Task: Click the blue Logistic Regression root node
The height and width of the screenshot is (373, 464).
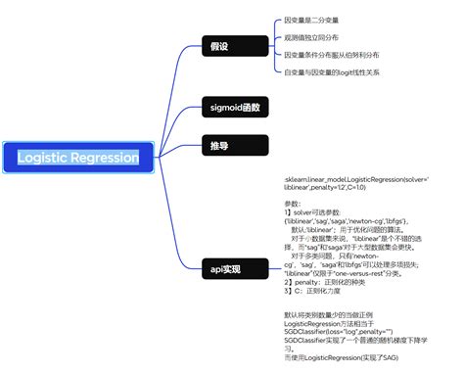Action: pyautogui.click(x=78, y=157)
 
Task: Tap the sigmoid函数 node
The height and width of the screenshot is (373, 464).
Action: pyautogui.click(x=235, y=107)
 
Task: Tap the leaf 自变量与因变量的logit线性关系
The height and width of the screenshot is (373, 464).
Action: pyautogui.click(x=333, y=72)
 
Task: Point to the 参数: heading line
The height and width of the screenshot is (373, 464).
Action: pyautogui.click(x=294, y=202)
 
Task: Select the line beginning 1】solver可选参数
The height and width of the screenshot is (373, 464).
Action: pyautogui.click(x=319, y=212)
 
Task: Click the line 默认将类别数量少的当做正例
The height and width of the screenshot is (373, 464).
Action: pyautogui.click(x=333, y=314)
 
